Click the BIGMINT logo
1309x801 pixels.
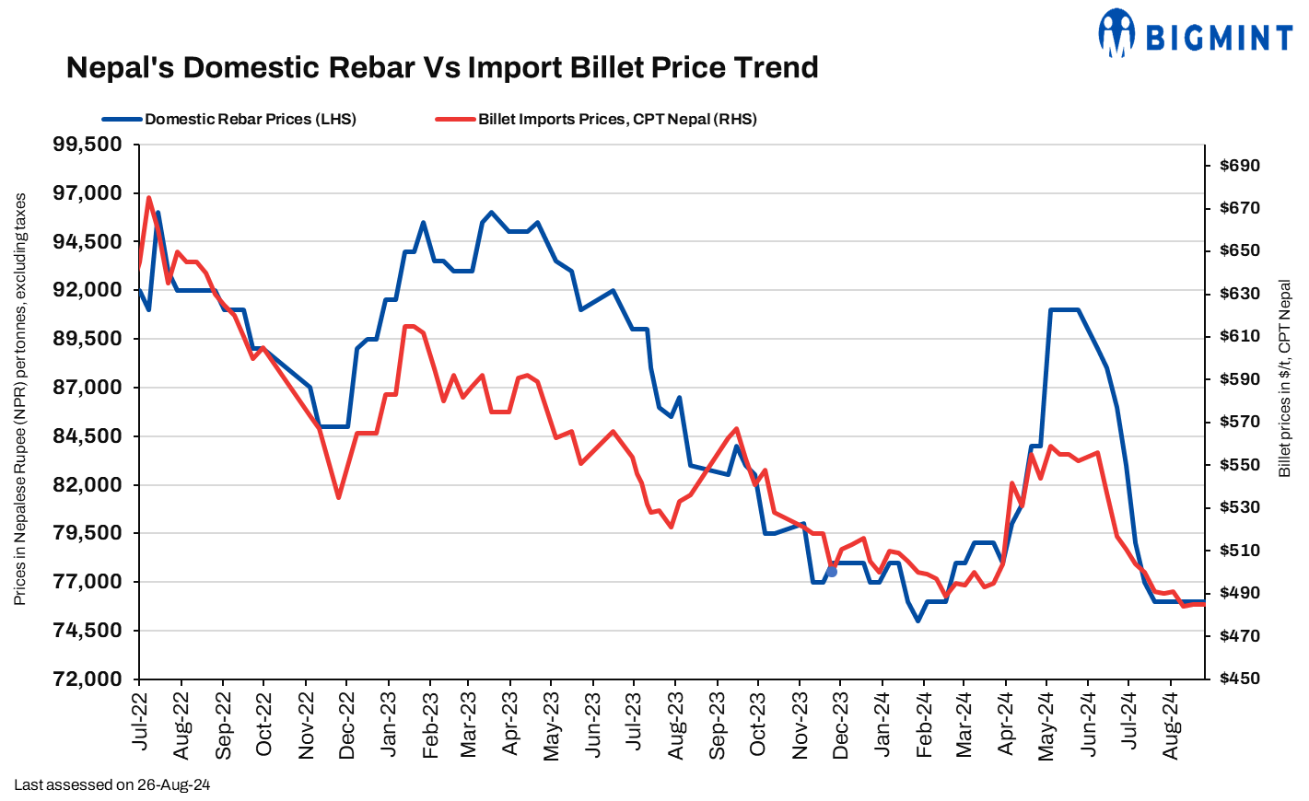tap(1195, 35)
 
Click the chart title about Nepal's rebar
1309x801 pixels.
tap(442, 67)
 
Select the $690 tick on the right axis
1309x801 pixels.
tap(1239, 166)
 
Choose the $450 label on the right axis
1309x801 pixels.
tap(1239, 679)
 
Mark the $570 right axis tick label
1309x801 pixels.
tap(1239, 422)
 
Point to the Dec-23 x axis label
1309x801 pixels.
tap(841, 726)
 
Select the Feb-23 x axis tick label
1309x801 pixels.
tap(430, 726)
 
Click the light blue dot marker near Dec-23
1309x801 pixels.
tap(832, 572)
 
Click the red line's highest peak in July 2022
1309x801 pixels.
tap(149, 197)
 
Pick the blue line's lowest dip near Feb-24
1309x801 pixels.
tap(917, 621)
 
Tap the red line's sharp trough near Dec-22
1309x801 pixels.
tap(338, 498)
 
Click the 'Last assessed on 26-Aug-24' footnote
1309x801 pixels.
tap(112, 785)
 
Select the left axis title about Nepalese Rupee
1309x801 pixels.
tap(20, 399)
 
